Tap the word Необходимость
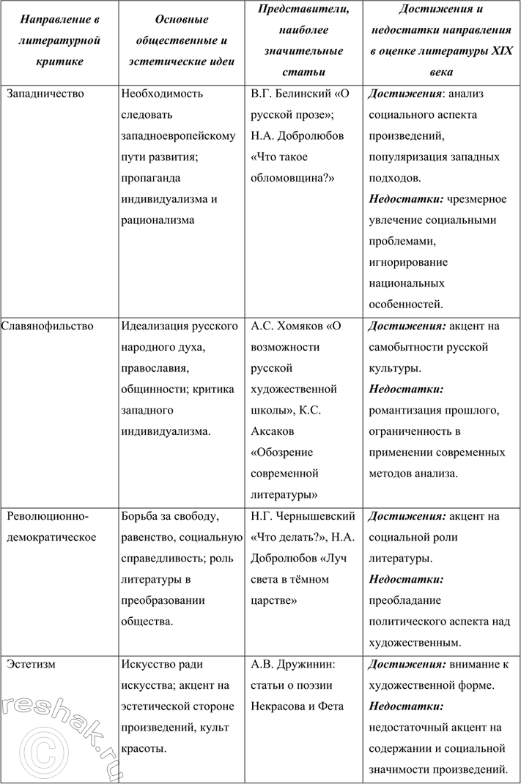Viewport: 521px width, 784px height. point(163,94)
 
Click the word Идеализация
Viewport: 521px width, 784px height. point(158,326)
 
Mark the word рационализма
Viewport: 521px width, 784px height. point(158,220)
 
